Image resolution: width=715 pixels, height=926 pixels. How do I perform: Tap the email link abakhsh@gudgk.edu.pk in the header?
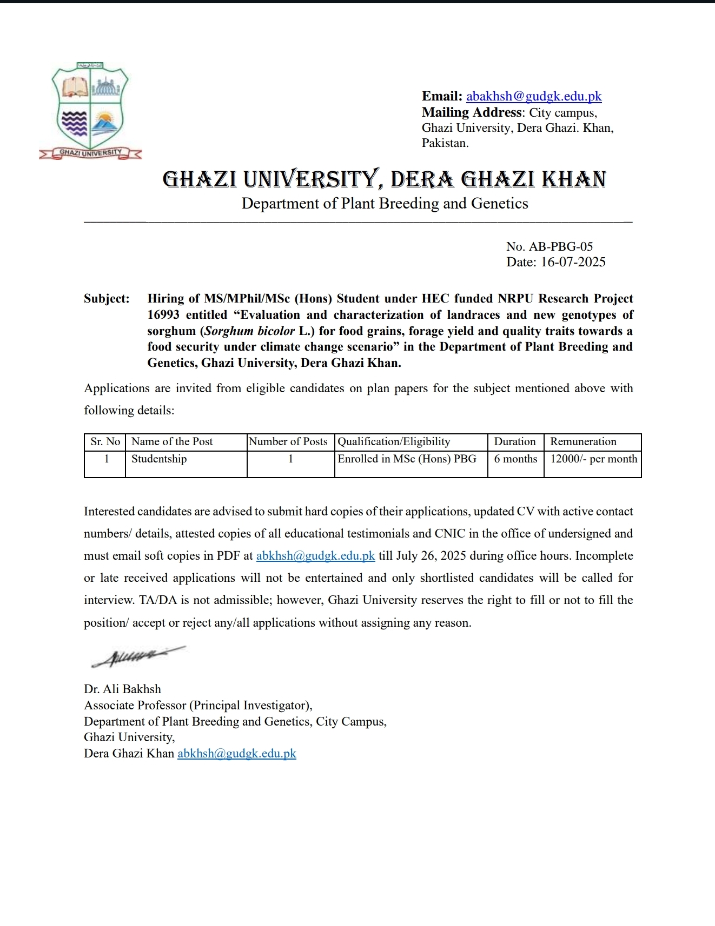(533, 96)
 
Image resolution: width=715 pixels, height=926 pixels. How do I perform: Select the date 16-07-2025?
(573, 262)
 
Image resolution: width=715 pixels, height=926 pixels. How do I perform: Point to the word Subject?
(107, 299)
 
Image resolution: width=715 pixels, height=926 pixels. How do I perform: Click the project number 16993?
(163, 315)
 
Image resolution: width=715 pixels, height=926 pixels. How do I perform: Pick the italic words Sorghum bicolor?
(250, 331)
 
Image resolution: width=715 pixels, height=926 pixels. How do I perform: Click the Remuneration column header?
(583, 441)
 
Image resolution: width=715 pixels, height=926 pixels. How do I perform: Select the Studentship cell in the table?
(159, 459)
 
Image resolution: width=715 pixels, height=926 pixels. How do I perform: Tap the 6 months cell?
(515, 459)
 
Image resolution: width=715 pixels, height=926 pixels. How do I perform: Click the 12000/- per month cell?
(593, 459)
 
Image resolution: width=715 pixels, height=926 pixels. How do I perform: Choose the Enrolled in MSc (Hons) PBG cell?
(407, 459)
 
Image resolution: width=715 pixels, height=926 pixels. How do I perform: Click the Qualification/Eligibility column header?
(394, 441)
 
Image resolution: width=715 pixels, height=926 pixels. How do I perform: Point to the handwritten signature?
(138, 656)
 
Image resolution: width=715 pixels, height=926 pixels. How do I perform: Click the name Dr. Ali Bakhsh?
(122, 689)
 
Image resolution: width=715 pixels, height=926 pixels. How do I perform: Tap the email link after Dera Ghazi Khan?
(236, 753)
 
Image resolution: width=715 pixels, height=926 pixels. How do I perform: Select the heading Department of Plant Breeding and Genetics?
(385, 203)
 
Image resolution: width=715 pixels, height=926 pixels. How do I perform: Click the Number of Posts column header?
(288, 441)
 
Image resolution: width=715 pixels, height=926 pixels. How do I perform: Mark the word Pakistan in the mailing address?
(444, 143)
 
